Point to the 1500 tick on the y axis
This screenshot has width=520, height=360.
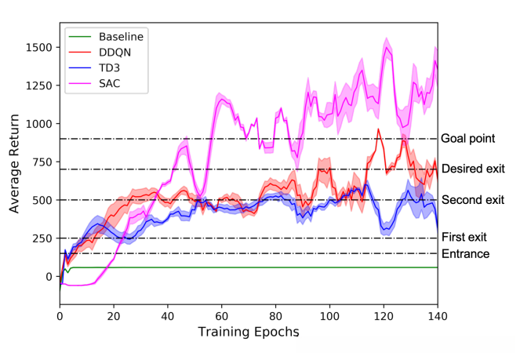click(38, 48)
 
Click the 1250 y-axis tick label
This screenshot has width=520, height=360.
click(38, 86)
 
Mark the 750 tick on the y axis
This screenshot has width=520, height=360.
click(41, 162)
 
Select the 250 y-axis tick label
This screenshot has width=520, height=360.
click(41, 238)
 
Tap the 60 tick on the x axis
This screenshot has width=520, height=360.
click(221, 316)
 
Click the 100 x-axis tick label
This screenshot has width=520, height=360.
click(329, 316)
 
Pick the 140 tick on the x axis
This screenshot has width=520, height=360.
click(437, 316)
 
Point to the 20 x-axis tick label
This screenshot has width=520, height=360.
click(114, 316)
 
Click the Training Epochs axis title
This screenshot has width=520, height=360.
click(248, 333)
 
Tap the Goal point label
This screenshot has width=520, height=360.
click(468, 139)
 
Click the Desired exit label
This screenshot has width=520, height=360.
click(473, 169)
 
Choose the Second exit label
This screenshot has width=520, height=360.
click(473, 200)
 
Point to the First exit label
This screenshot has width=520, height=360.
click(464, 237)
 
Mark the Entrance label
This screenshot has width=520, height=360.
click(466, 253)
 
